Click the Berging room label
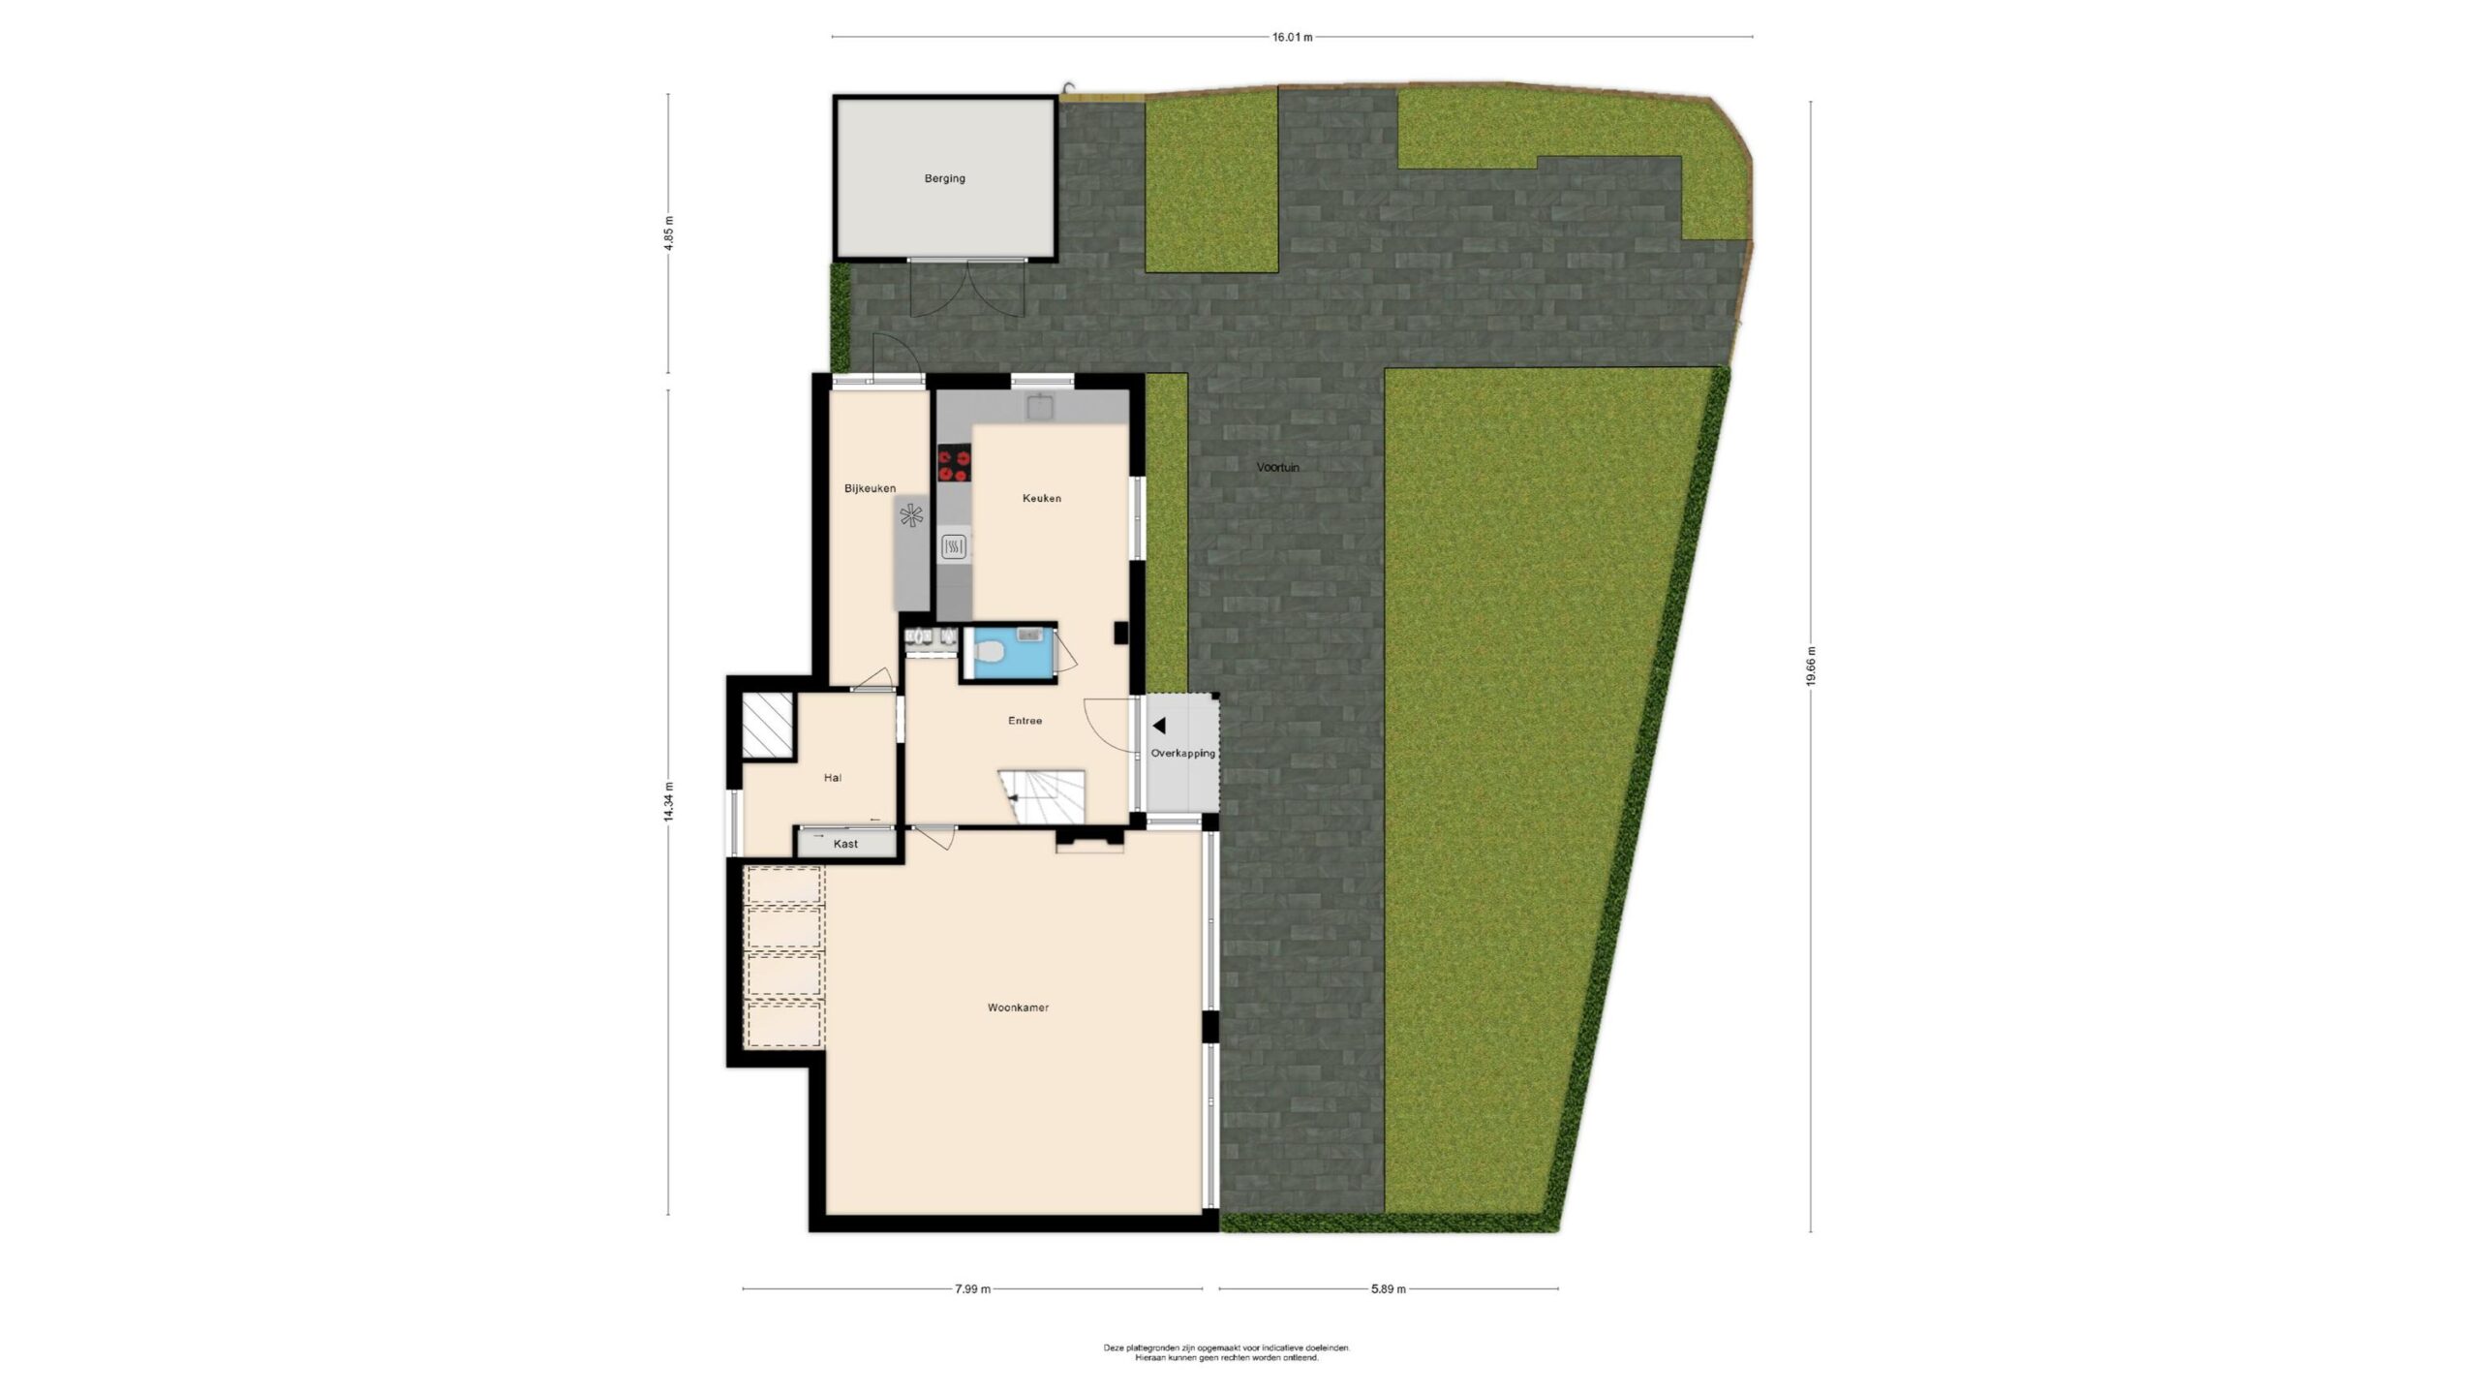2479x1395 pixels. (944, 178)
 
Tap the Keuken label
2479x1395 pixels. (1042, 498)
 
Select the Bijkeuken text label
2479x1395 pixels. (870, 488)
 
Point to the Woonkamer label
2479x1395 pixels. (1018, 1007)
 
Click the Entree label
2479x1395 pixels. (1025, 721)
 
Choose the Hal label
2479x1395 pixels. (832, 777)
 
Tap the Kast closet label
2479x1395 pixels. (845, 844)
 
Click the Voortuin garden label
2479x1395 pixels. (1278, 467)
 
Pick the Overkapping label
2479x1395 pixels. (1182, 753)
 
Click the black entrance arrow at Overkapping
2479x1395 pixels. (1158, 726)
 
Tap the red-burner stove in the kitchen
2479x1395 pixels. (954, 463)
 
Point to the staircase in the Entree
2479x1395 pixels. (1041, 797)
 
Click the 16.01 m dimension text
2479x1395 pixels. (1292, 38)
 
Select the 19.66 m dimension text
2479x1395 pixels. (1810, 666)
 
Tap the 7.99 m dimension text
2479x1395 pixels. (972, 1288)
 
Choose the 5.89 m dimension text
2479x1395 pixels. (1388, 1288)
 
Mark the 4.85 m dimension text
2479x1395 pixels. (667, 232)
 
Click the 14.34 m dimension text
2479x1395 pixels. (667, 801)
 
